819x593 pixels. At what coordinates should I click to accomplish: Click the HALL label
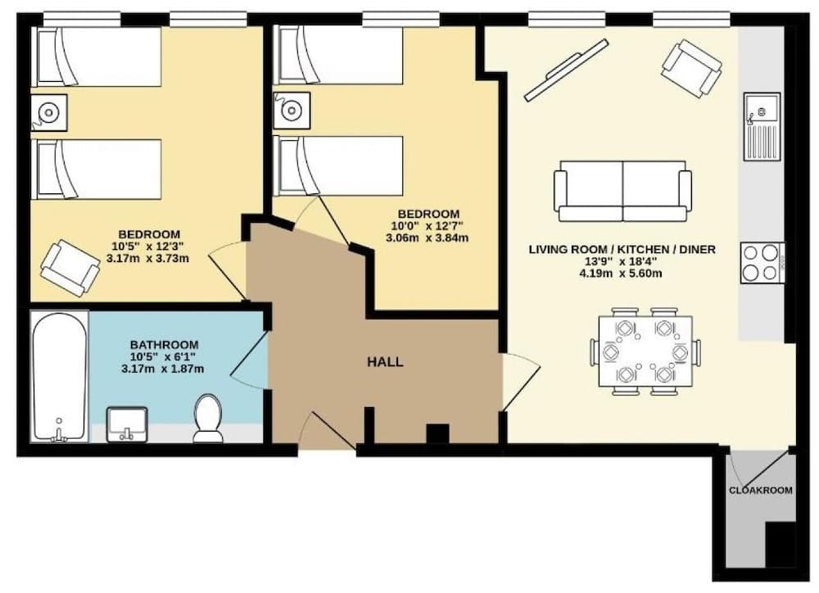click(x=384, y=361)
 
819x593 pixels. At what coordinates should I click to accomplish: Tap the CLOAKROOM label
click(x=761, y=491)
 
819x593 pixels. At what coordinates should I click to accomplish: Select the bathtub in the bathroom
click(x=58, y=377)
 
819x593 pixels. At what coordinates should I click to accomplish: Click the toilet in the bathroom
click(x=208, y=418)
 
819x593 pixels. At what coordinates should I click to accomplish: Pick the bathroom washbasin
click(x=127, y=423)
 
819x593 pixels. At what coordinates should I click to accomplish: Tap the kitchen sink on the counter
click(x=762, y=126)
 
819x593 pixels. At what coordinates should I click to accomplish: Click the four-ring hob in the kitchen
click(x=762, y=263)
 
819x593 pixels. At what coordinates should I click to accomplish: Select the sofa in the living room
click(x=622, y=191)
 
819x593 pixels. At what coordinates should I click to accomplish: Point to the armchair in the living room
click(x=691, y=69)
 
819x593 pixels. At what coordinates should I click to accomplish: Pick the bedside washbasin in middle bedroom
click(x=291, y=111)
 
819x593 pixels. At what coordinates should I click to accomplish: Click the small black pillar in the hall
click(x=438, y=433)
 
